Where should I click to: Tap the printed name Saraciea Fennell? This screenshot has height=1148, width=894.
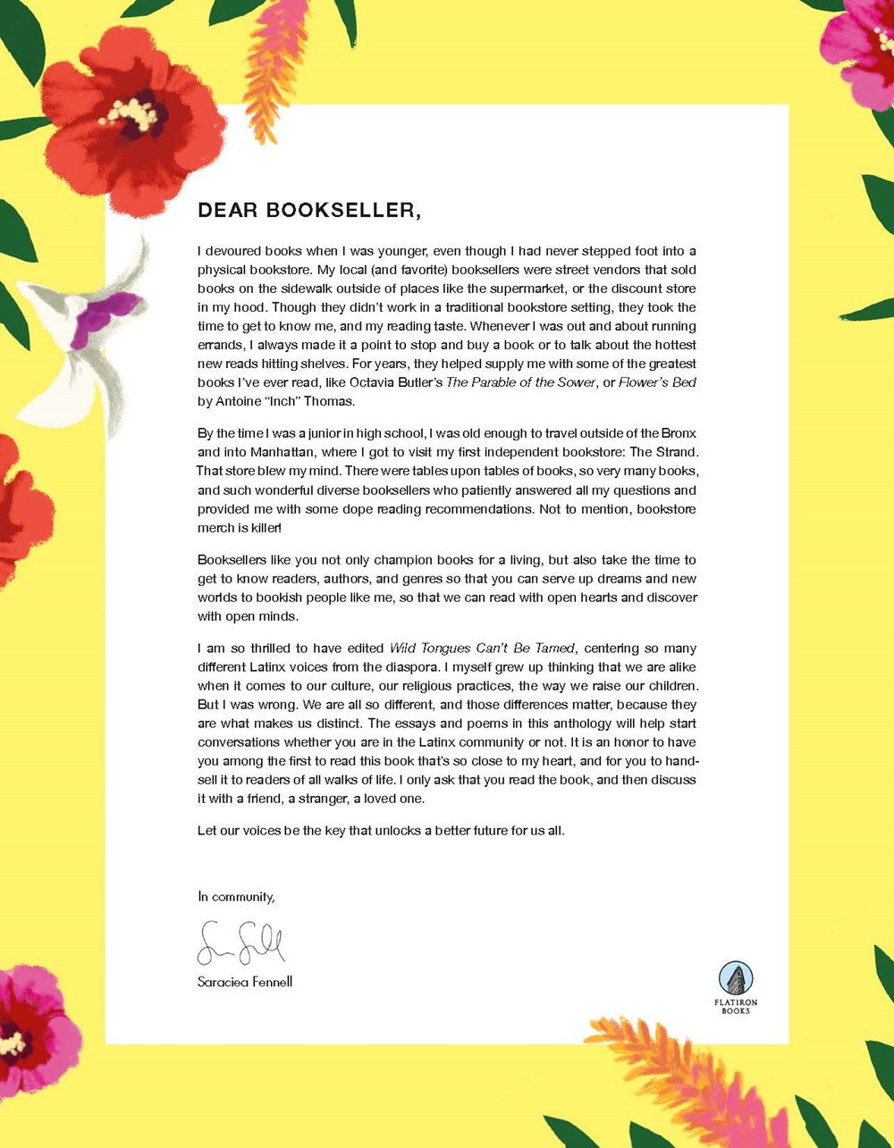[245, 982]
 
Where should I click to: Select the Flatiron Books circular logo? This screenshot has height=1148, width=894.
[736, 978]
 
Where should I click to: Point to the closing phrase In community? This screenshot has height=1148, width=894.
[236, 896]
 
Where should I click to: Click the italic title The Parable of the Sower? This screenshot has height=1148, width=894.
[521, 382]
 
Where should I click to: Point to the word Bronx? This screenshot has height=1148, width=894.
[677, 433]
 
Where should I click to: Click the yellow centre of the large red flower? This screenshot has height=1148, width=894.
[132, 113]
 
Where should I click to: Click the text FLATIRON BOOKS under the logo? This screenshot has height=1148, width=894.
[736, 1007]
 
